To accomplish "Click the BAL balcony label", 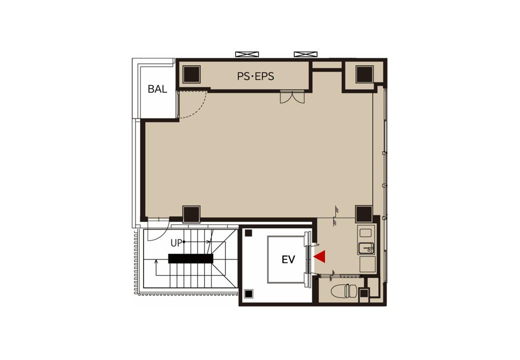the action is tap(157, 89).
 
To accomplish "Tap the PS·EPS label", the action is tap(255, 76).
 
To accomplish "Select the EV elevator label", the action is tap(288, 259).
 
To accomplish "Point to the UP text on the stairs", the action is tap(176, 243).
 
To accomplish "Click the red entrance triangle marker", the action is tap(320, 256).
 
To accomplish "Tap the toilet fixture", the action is tap(344, 290).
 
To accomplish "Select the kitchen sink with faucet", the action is tap(366, 248).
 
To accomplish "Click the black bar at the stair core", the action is tap(190, 258).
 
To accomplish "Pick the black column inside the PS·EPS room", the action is tap(191, 74).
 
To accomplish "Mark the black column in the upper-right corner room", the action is tap(364, 74).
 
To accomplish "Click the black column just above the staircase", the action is tap(191, 214).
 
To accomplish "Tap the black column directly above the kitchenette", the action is tap(364, 214).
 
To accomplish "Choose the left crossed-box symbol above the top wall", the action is tap(246, 54).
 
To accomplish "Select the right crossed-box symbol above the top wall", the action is tap(305, 54).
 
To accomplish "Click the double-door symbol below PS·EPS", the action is tap(292, 96).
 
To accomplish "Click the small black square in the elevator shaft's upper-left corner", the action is tap(248, 233).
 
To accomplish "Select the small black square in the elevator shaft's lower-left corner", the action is tap(248, 294).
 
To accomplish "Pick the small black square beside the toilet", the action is tap(364, 293).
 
